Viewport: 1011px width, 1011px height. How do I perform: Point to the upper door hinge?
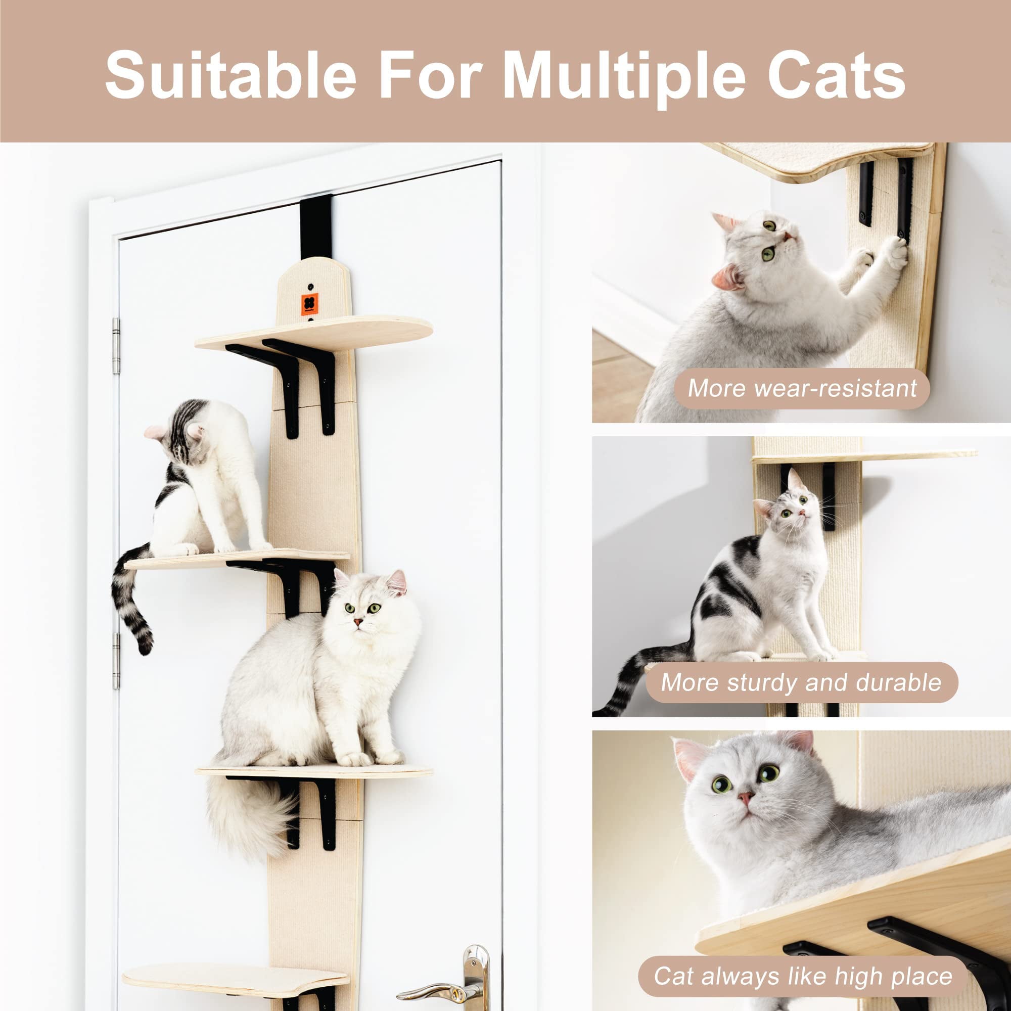pos(116,346)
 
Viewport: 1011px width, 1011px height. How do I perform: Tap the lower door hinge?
pos(116,660)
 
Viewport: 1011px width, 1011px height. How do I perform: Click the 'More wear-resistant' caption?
pos(802,388)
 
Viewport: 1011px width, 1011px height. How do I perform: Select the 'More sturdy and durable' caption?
pos(801,682)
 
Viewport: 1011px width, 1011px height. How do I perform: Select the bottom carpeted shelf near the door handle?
pos(236,975)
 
